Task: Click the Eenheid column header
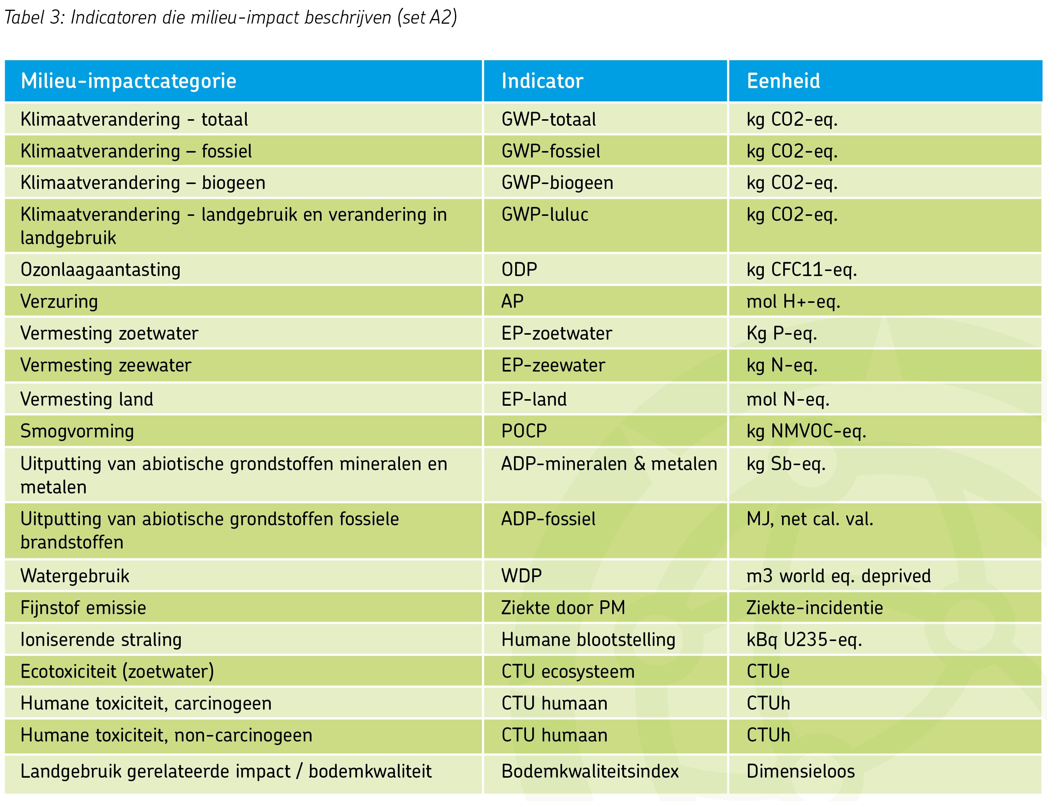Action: tap(783, 81)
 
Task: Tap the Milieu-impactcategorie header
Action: tap(129, 81)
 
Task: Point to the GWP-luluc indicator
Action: tap(545, 215)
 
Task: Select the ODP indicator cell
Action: tap(519, 270)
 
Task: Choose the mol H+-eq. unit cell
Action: tap(793, 302)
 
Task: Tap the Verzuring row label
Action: tap(59, 302)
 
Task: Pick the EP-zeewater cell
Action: tap(553, 365)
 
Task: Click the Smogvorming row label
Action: tap(77, 431)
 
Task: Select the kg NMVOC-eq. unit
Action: tap(806, 431)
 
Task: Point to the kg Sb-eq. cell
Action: tap(786, 464)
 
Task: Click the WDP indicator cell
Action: tap(522, 576)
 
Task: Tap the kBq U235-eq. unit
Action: tap(804, 640)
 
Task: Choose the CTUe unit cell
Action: tap(768, 672)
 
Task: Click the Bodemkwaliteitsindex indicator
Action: tap(590, 771)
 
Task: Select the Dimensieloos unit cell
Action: tap(800, 771)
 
